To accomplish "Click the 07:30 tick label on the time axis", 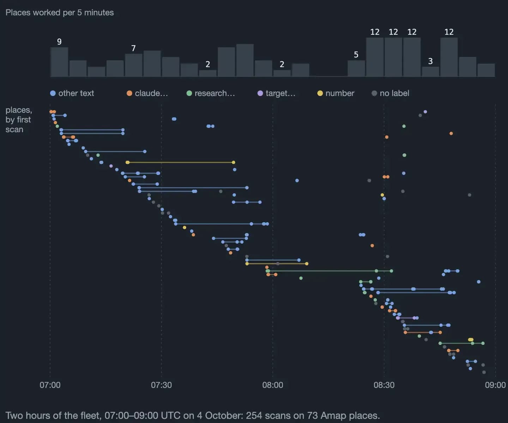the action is click(161, 385).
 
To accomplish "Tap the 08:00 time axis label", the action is click(272, 385).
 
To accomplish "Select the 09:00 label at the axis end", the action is click(495, 385).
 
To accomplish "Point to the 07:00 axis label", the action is click(50, 385).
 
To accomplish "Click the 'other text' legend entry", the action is click(72, 93).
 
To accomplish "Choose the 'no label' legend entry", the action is click(391, 93).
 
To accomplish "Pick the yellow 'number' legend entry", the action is click(336, 93).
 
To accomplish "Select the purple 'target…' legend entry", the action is click(276, 93).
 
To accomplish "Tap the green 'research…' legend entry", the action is click(211, 93).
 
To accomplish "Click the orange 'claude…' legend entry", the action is click(147, 93).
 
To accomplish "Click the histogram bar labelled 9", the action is click(59, 62).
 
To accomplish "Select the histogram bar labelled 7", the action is click(134, 65).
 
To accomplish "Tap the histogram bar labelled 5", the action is click(356, 69).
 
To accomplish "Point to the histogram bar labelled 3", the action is click(430, 72).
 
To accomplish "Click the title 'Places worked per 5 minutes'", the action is click(60, 12).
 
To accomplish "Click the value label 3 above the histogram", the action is click(430, 61).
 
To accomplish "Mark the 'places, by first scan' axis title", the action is click(19, 120).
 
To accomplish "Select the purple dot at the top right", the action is click(425, 112).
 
